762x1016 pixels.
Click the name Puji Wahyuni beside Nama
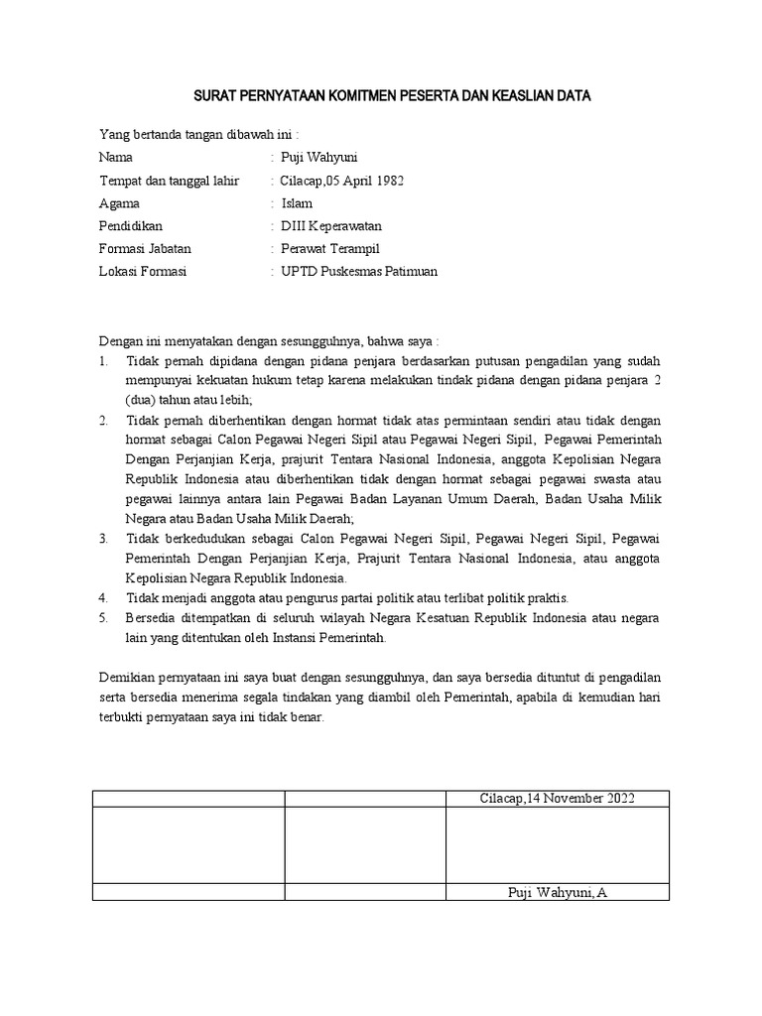(319, 158)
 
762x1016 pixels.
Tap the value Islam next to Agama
(298, 203)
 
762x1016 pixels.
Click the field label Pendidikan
(130, 226)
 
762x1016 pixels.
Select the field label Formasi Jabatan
(145, 249)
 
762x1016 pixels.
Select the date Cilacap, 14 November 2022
(557, 799)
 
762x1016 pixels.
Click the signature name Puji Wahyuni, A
(556, 893)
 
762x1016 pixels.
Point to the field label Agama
(120, 203)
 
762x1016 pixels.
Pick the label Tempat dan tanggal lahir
(169, 181)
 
